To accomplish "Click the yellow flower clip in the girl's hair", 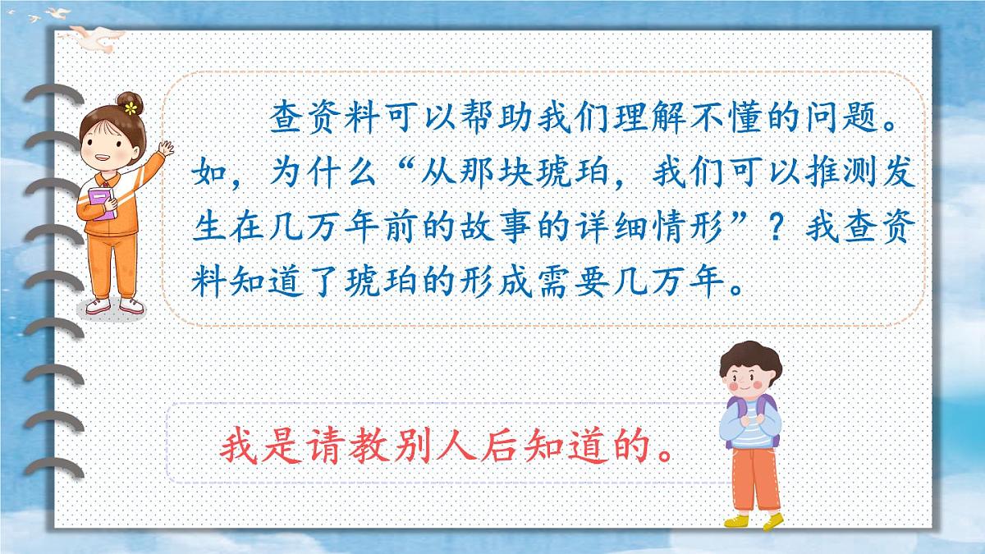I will (x=130, y=108).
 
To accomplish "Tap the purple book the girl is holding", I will (x=101, y=204).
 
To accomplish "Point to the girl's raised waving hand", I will (x=167, y=150).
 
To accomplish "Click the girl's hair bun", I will (x=130, y=103).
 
